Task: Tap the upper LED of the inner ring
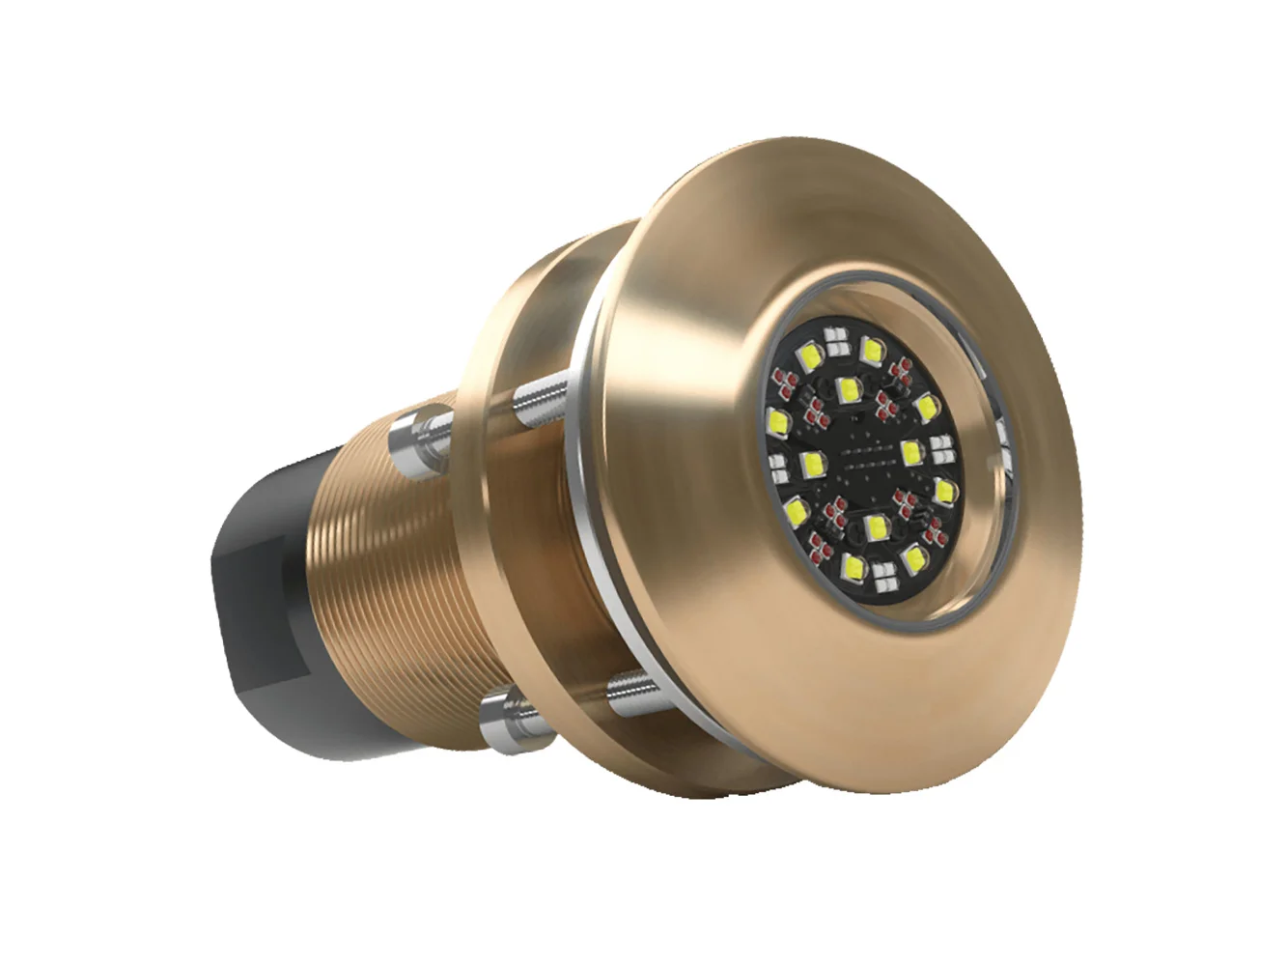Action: point(849,389)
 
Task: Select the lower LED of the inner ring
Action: point(877,527)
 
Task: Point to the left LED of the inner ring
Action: point(811,468)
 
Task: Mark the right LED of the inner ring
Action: point(910,449)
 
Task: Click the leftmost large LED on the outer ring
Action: point(775,420)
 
